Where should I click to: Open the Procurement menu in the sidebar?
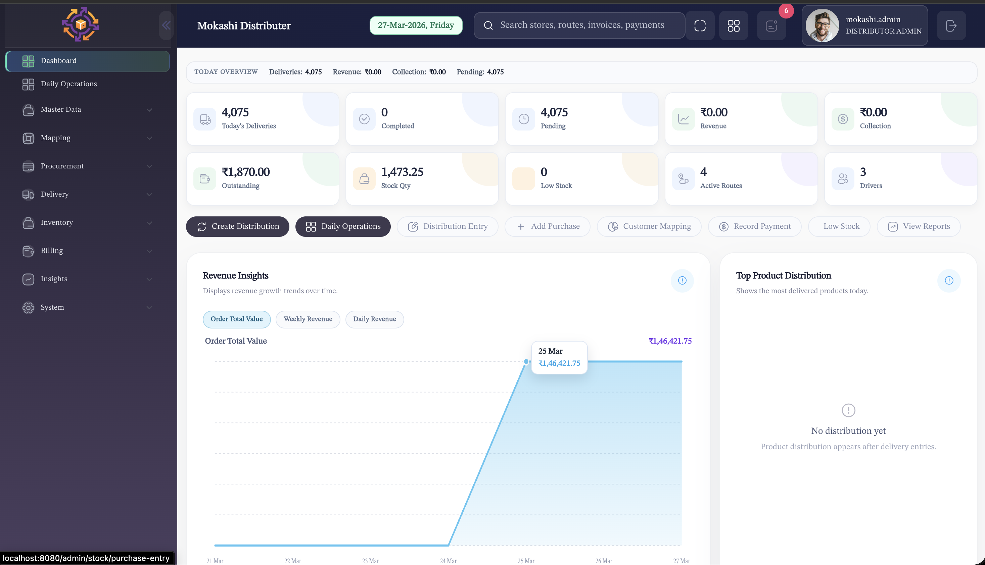click(x=62, y=166)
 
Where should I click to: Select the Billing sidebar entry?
click(x=52, y=251)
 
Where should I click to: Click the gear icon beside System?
click(x=28, y=307)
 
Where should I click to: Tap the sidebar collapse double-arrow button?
click(x=166, y=25)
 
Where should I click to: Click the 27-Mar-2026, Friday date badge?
click(x=415, y=25)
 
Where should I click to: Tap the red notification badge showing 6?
click(x=786, y=11)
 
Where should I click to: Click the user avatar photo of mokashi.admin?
click(x=822, y=25)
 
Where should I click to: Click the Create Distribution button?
click(x=237, y=226)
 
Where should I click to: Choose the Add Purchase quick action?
click(x=548, y=226)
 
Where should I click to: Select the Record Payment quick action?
click(x=754, y=226)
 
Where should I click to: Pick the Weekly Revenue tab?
click(x=308, y=319)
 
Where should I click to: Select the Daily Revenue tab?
click(x=374, y=319)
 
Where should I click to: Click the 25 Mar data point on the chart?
click(x=526, y=362)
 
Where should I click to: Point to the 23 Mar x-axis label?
click(x=370, y=561)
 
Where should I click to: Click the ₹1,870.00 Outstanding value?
click(x=245, y=172)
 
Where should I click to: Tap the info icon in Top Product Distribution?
click(x=948, y=280)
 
